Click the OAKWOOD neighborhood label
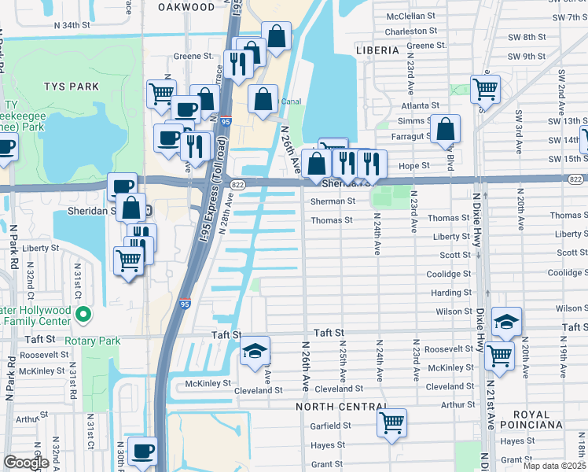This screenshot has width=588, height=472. click(186, 7)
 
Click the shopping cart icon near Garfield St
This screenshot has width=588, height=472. click(391, 422)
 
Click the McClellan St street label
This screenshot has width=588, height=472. click(410, 16)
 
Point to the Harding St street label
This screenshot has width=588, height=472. click(451, 293)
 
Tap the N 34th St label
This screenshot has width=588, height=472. click(83, 25)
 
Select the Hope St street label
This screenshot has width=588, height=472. click(414, 166)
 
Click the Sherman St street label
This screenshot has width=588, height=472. click(333, 201)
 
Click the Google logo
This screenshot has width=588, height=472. click(26, 463)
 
